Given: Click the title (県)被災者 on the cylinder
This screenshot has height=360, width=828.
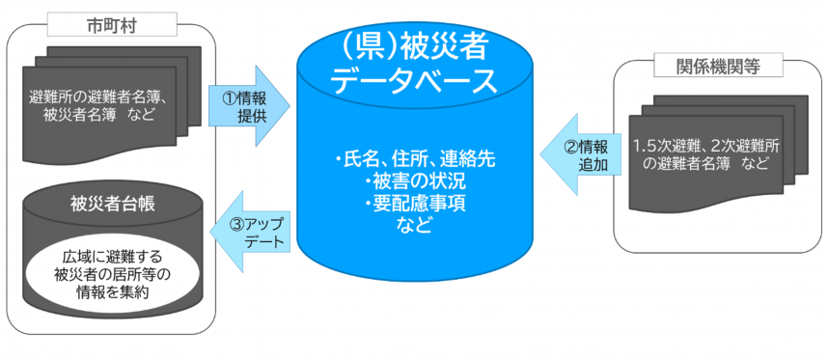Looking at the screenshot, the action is click(412, 47).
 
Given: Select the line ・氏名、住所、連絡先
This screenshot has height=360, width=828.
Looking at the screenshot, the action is click(413, 160).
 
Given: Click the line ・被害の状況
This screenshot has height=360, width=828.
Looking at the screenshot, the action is click(413, 182).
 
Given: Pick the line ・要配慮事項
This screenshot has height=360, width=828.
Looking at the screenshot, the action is click(413, 205).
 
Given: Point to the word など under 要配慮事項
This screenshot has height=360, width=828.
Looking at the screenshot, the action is click(413, 226).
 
